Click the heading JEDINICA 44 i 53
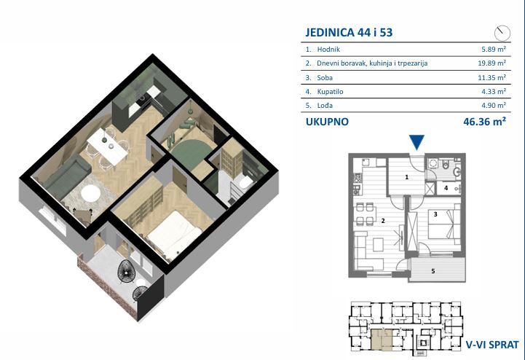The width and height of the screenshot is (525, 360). (349, 33)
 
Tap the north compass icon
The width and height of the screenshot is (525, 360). (502, 34)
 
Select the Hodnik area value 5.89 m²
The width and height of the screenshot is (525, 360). (494, 50)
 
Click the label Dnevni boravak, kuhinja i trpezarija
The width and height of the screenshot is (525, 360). (372, 63)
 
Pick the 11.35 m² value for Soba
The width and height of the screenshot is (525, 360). (492, 78)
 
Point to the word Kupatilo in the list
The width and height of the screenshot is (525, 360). (330, 92)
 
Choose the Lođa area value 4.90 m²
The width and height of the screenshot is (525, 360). (494, 105)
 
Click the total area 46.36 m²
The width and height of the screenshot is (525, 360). (484, 122)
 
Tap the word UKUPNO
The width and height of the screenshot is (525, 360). (327, 122)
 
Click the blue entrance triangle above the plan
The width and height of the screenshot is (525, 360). (417, 142)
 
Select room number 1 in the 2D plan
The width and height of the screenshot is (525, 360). (407, 177)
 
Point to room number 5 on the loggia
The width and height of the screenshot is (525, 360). (433, 271)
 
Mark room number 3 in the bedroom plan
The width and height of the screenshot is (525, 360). (435, 214)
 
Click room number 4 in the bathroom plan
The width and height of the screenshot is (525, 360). (446, 188)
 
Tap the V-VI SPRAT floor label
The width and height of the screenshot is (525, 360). (492, 345)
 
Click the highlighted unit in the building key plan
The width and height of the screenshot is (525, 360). (382, 339)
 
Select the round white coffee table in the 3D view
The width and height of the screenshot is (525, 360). (91, 194)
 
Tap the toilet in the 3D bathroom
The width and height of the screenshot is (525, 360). (246, 183)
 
